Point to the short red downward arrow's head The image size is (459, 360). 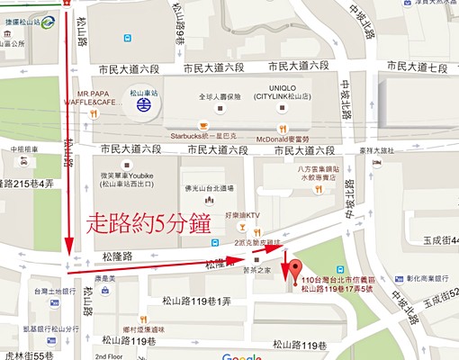pos(286,278)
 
